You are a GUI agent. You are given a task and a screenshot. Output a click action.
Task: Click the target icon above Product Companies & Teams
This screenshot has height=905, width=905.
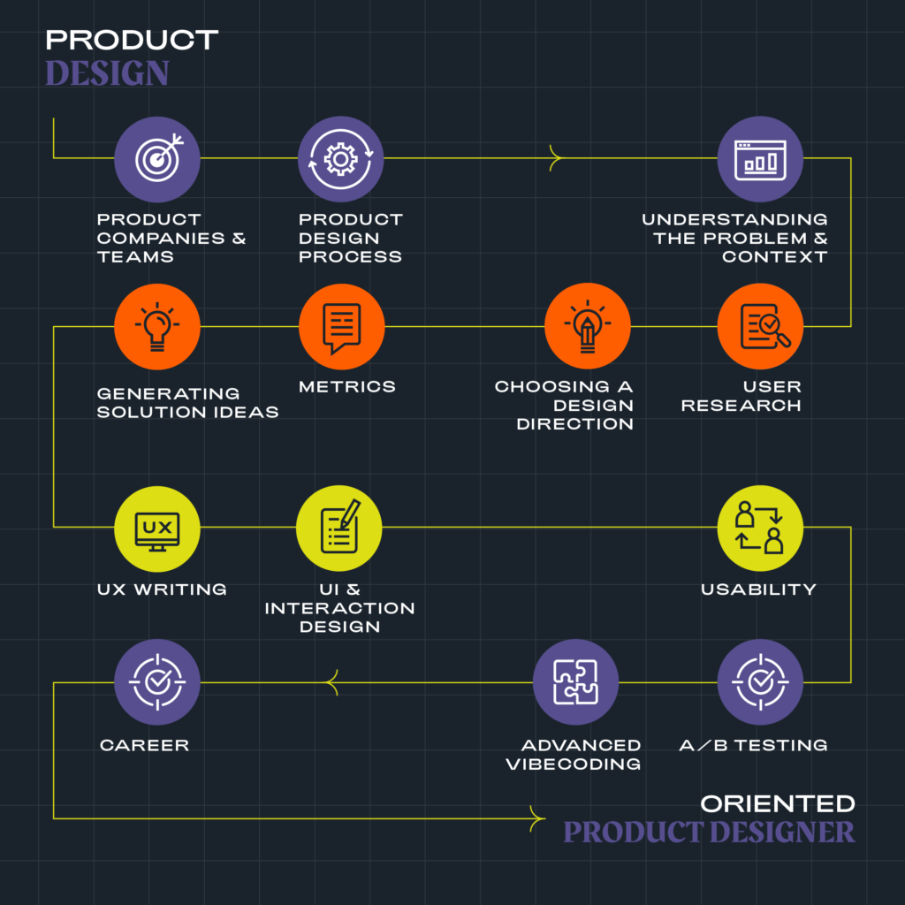coord(157,159)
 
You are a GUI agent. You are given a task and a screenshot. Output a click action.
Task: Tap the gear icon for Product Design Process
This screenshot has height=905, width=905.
coord(340,159)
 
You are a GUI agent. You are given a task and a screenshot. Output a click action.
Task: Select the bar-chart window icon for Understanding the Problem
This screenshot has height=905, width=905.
coord(760,159)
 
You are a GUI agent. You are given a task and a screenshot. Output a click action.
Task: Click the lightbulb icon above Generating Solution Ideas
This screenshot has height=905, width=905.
coord(157,326)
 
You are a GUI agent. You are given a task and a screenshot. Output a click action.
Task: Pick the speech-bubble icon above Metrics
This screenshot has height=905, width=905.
coord(341,326)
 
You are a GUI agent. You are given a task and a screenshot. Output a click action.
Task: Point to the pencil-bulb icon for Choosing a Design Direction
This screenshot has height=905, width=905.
coord(587,326)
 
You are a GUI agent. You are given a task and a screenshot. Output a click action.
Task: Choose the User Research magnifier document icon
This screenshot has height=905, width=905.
coord(760,326)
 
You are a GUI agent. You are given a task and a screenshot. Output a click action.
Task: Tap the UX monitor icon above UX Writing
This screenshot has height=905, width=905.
coord(157,528)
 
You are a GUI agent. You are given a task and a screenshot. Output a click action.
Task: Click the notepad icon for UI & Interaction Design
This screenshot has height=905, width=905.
coord(339,528)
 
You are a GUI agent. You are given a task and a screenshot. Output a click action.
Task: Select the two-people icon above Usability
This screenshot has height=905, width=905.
coord(760,528)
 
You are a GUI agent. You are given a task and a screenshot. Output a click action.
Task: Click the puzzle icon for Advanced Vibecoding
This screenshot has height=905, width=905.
coord(575,682)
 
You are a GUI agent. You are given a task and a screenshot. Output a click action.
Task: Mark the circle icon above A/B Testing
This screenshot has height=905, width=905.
coord(760,682)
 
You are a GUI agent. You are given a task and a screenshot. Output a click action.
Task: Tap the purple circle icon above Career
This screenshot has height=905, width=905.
coord(157,682)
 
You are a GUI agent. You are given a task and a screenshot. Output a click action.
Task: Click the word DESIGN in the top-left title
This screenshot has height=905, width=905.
coord(107,73)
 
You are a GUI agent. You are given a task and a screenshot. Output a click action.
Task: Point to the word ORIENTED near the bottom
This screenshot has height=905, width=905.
coord(778,803)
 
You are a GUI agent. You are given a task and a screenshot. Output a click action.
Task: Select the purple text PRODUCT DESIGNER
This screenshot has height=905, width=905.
coord(709,832)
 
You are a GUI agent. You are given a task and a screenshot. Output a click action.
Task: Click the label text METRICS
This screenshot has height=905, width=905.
coord(347,386)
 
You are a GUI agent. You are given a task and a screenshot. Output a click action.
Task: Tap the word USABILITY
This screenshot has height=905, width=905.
coord(758,589)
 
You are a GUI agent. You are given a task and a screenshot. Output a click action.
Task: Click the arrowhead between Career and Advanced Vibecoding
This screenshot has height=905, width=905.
coord(332,682)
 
